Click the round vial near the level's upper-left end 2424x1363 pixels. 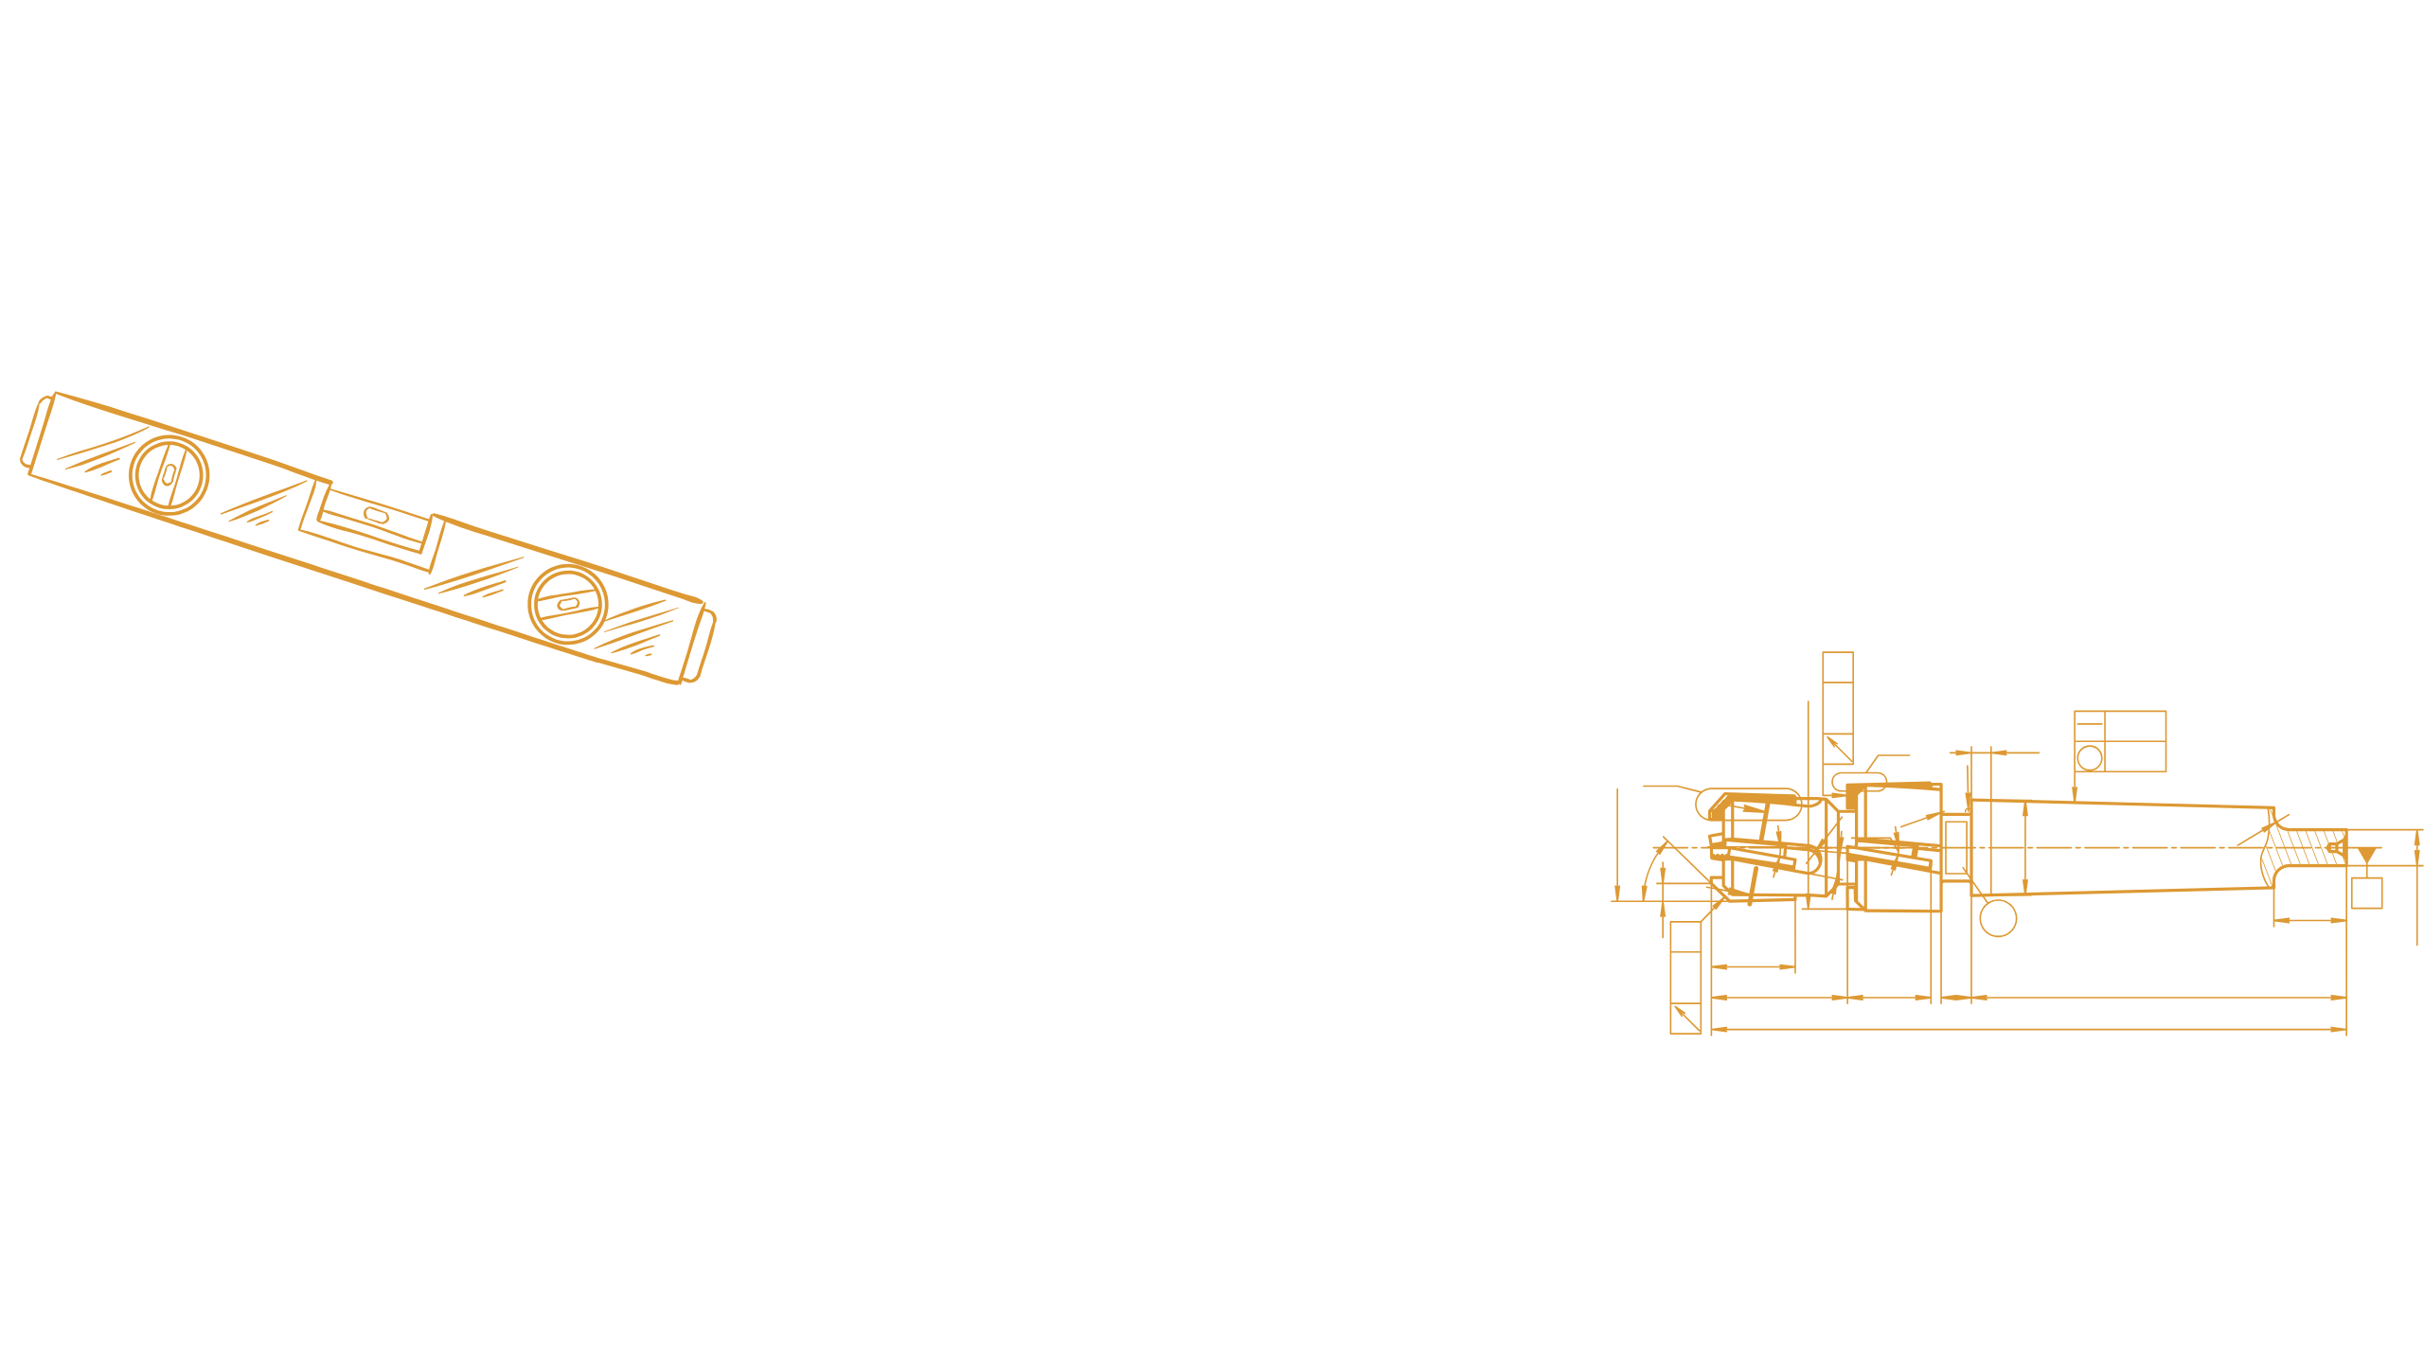pyautogui.click(x=169, y=474)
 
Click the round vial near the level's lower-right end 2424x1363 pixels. pyautogui.click(x=567, y=604)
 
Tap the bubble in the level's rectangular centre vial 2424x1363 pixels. pyautogui.click(x=375, y=514)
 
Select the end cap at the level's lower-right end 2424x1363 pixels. pyautogui.click(x=705, y=646)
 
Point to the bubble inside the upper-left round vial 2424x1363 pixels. pyautogui.click(x=169, y=474)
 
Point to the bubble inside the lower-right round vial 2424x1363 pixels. pyautogui.click(x=567, y=604)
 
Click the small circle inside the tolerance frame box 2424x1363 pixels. pyautogui.click(x=2089, y=757)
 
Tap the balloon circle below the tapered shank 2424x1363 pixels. pyautogui.click(x=1998, y=918)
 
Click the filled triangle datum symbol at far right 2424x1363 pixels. pyautogui.click(x=2366, y=856)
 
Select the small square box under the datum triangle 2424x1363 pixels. pyautogui.click(x=2366, y=894)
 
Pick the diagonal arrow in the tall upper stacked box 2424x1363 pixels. pyautogui.click(x=1838, y=748)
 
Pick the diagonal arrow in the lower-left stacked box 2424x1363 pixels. pyautogui.click(x=1685, y=1017)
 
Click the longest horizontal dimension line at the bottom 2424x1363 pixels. pyautogui.click(x=2026, y=1029)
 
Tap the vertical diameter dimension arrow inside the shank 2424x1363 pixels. pyautogui.click(x=2024, y=847)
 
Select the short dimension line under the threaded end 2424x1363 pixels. pyautogui.click(x=2309, y=919)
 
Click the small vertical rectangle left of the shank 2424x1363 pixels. pyautogui.click(x=1955, y=847)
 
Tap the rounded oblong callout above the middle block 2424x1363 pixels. pyautogui.click(x=1859, y=780)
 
